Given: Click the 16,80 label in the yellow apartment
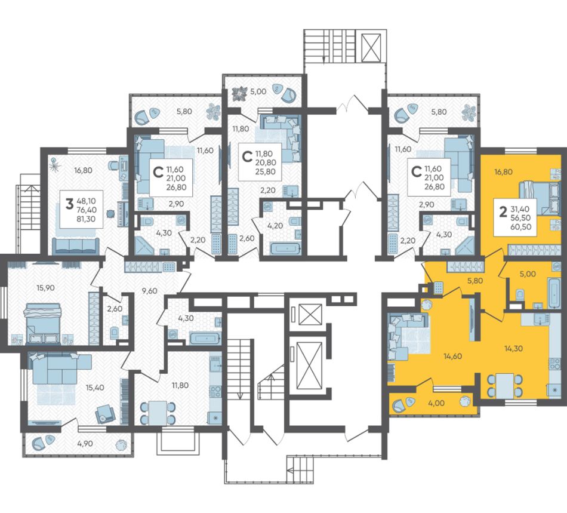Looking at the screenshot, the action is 503,172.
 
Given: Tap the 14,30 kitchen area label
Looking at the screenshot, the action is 513,349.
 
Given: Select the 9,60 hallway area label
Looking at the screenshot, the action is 149,290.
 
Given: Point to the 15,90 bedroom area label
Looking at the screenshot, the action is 45,288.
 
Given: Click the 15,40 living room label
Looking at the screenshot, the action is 95,388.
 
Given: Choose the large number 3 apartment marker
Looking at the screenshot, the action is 69,204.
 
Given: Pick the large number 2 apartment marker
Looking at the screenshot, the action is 503,213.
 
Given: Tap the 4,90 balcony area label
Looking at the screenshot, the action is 85,444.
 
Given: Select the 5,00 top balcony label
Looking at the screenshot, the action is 258,91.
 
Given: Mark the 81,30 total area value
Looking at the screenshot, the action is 86,219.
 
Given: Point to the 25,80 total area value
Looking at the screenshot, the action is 266,171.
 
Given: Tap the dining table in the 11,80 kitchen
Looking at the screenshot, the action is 158,413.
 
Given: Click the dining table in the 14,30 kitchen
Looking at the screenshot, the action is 505,386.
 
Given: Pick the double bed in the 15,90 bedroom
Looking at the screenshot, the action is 42,322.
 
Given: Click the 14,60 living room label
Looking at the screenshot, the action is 453,357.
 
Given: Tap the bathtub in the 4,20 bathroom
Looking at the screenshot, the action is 285,249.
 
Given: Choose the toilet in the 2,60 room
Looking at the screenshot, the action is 114,333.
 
